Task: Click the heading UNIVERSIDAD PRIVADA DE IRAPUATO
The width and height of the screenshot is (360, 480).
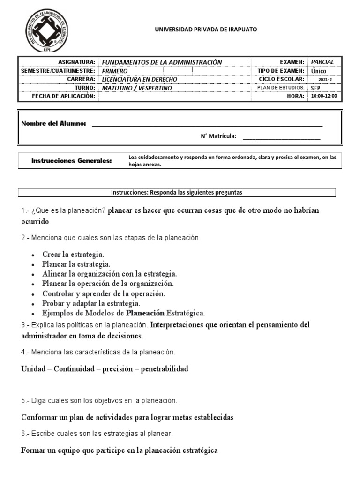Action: tap(206, 30)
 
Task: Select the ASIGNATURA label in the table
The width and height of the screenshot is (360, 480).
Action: tap(76, 62)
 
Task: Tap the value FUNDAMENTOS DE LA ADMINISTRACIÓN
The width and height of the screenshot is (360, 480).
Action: tap(162, 62)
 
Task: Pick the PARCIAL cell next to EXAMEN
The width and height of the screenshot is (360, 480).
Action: tap(322, 62)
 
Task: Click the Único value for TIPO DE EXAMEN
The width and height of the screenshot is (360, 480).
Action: tap(319, 71)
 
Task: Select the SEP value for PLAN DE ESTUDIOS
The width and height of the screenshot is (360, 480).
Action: tap(315, 88)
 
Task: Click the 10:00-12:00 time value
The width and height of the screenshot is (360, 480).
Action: tap(324, 96)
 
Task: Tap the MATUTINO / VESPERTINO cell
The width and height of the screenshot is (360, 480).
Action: tap(137, 88)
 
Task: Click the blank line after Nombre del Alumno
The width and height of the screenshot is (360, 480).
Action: tap(207, 125)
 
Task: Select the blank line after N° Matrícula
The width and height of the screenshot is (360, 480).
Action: tap(281, 138)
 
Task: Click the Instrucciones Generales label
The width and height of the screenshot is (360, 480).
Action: tap(72, 161)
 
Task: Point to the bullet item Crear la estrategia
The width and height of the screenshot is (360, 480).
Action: tap(73, 254)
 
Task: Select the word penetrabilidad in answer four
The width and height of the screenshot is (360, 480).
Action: tap(165, 369)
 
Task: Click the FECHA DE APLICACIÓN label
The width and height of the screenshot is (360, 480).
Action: tap(63, 96)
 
